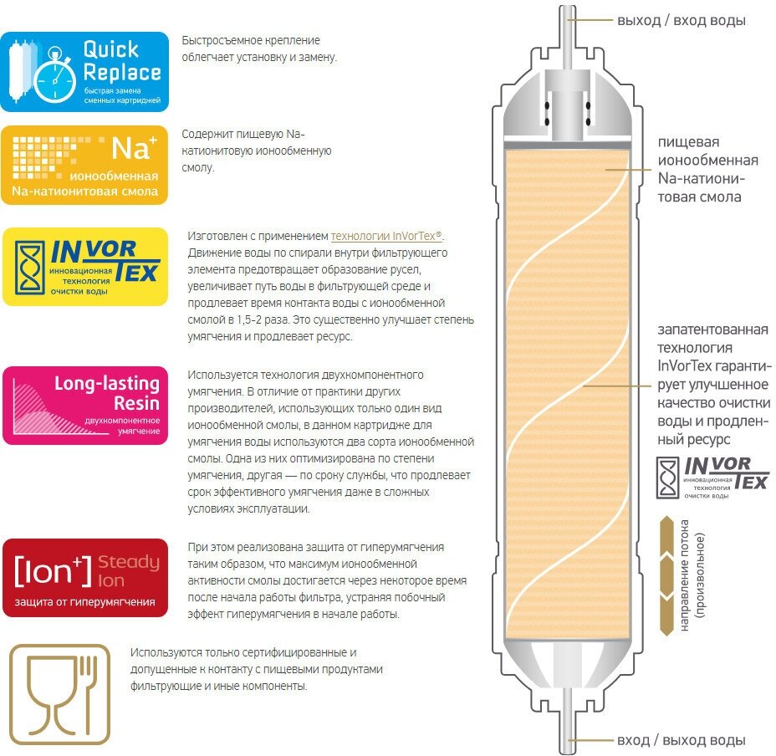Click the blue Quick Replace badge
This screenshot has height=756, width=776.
pyautogui.click(x=84, y=72)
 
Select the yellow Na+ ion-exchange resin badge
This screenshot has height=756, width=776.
pyautogui.click(x=84, y=166)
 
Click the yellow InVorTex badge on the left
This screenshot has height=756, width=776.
pyautogui.click(x=84, y=267)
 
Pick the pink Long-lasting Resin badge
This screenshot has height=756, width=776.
pyautogui.click(x=84, y=405)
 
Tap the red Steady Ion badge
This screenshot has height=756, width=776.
pyautogui.click(x=84, y=578)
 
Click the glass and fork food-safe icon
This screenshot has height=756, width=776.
pyautogui.click(x=58, y=695)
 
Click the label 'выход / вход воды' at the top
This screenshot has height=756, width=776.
pyautogui.click(x=682, y=20)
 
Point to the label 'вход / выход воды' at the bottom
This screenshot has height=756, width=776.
pyautogui.click(x=681, y=740)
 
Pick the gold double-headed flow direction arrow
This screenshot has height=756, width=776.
pyautogui.click(x=666, y=570)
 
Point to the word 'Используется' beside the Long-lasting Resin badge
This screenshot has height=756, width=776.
pyautogui.click(x=222, y=374)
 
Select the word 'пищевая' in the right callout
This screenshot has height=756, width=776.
pyautogui.click(x=687, y=142)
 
